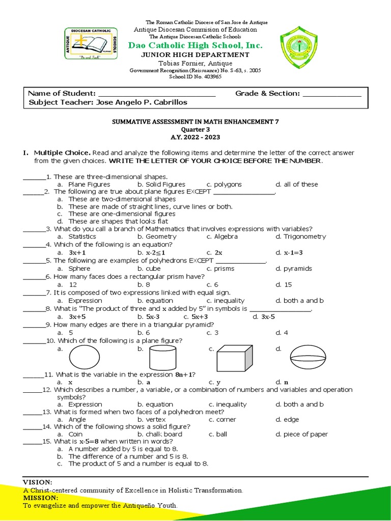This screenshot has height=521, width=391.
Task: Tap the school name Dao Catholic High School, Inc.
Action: (195, 45)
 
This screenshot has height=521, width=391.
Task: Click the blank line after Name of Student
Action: (157, 94)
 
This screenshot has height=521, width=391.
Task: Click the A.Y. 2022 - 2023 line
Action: (195, 137)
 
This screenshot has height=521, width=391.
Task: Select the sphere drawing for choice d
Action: (311, 356)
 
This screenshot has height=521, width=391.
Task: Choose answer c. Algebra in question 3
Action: (222, 237)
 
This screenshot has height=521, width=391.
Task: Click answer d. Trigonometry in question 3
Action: (300, 237)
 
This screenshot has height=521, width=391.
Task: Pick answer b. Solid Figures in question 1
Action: (161, 184)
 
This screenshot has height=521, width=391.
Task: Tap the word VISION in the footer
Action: (38, 482)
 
